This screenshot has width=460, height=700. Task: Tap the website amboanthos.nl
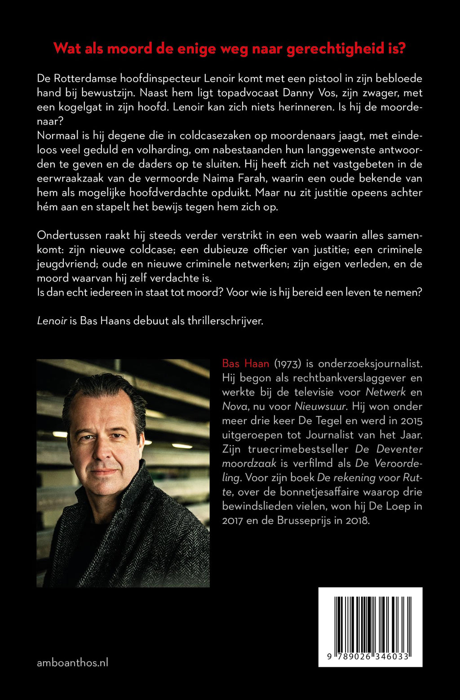pos(72,662)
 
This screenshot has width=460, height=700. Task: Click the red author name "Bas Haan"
pos(245,363)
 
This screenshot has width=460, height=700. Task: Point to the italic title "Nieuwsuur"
pos(320,406)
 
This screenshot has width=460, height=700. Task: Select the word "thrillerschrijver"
pos(225,321)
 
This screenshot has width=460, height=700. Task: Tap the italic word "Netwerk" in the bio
pos(385,392)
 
